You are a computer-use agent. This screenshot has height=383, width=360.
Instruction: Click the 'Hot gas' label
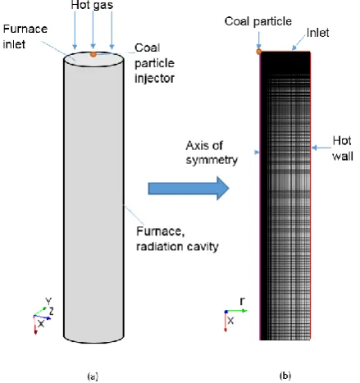pyautogui.click(x=92, y=5)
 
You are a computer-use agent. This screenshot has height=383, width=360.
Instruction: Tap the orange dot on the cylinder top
pyautogui.click(x=93, y=54)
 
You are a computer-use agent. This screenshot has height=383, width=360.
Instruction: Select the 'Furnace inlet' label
pyautogui.click(x=25, y=36)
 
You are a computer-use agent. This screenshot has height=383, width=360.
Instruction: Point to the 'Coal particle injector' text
pyautogui.click(x=154, y=63)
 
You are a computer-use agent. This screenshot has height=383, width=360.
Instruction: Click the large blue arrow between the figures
pyautogui.click(x=189, y=189)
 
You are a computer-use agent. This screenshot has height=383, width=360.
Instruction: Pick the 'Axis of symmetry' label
pyautogui.click(x=212, y=153)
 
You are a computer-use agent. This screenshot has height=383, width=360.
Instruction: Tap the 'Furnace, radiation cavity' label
pyautogui.click(x=177, y=239)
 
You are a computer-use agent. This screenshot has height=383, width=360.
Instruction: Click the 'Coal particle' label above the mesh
pyautogui.click(x=258, y=21)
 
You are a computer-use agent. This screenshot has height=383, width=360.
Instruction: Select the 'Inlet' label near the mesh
pyautogui.click(x=317, y=33)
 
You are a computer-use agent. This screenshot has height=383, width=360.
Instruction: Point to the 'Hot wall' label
pyautogui.click(x=343, y=148)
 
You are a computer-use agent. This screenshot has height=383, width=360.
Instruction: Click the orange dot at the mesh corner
pyautogui.click(x=258, y=52)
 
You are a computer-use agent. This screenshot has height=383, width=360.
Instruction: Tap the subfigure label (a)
pyautogui.click(x=93, y=376)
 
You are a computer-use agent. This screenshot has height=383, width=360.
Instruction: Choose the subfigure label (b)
pyautogui.click(x=285, y=376)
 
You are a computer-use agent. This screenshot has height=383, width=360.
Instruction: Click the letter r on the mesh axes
pyautogui.click(x=242, y=301)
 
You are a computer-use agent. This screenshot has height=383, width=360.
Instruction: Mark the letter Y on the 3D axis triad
pyautogui.click(x=48, y=301)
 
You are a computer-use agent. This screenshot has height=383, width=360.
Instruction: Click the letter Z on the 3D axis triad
pyautogui.click(x=51, y=311)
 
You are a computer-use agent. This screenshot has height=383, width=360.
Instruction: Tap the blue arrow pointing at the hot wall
pyautogui.click(x=321, y=148)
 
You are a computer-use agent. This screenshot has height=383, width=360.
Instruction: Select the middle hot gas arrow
pyautogui.click(x=93, y=30)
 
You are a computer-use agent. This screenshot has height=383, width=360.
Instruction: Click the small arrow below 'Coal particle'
pyautogui.click(x=258, y=40)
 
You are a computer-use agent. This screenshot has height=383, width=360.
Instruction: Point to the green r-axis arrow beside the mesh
pyautogui.click(x=236, y=311)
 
